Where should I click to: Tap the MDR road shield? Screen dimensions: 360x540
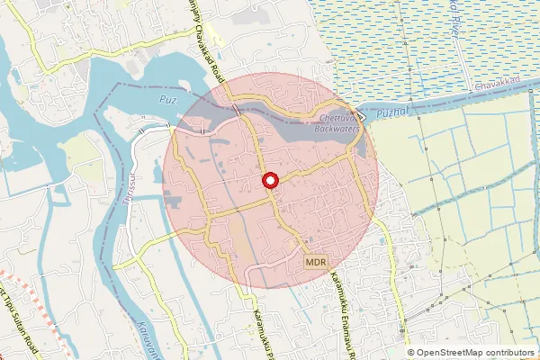[x=314, y=262]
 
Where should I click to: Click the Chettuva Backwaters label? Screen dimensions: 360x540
[x=337, y=123]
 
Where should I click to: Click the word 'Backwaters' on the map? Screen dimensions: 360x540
[x=337, y=129]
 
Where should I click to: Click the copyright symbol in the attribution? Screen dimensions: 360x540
[x=411, y=352]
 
